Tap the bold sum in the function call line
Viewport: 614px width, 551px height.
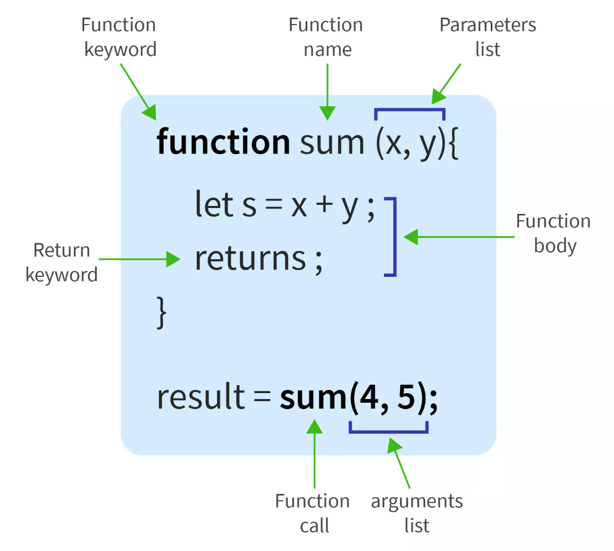(313, 398)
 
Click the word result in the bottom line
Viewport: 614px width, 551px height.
(200, 397)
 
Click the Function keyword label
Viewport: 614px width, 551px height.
(118, 37)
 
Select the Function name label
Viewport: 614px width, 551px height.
(326, 37)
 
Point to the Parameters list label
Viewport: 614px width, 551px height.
(488, 37)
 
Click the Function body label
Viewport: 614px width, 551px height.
(554, 234)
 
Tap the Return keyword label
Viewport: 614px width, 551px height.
(62, 262)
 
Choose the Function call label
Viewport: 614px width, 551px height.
(313, 513)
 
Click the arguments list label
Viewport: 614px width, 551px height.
(417, 513)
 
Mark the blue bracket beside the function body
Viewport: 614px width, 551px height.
(394, 237)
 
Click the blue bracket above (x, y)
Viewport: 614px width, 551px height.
(410, 110)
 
